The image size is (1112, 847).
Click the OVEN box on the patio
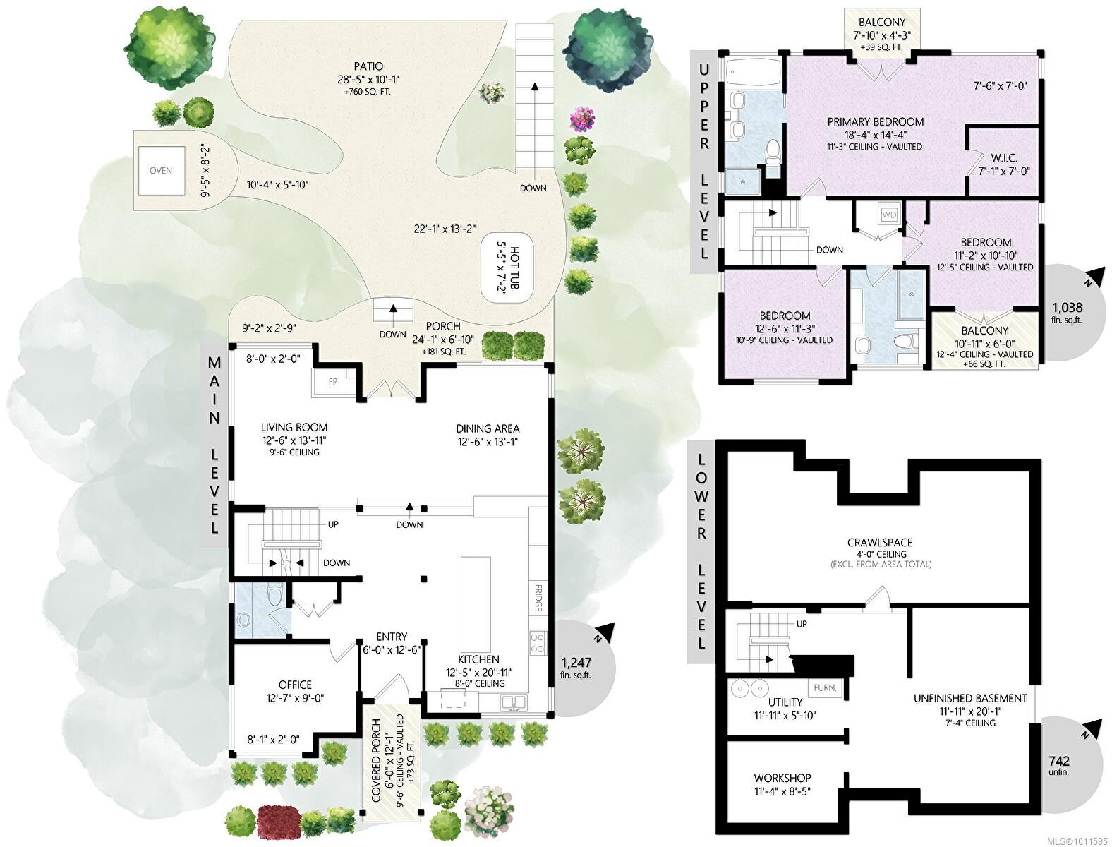(161, 170)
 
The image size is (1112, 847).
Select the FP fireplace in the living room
(332, 382)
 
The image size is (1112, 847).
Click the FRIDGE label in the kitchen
(538, 598)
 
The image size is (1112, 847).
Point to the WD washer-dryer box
(889, 215)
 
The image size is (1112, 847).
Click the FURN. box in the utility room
(825, 688)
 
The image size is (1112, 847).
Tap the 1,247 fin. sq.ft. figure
(576, 668)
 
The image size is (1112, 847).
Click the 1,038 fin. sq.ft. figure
(1068, 313)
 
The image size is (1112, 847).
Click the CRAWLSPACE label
(880, 543)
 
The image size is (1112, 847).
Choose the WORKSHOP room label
(782, 778)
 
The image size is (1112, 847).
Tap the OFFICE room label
(296, 685)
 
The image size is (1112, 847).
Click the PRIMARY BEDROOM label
(876, 121)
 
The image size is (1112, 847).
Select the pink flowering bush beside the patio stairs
(581, 119)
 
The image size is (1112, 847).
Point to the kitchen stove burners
(538, 643)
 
